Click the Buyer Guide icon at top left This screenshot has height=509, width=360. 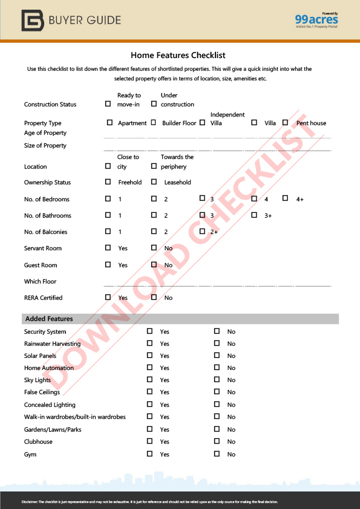coord(32,20)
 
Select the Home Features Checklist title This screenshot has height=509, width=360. coord(178,56)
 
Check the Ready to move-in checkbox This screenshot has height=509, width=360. coord(108,104)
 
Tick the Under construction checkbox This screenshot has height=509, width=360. coord(154,104)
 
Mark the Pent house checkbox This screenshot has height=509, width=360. coord(285,123)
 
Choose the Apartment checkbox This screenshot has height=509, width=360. coord(110,123)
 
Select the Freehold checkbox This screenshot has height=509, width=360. coord(108,182)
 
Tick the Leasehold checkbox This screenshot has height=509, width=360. coord(154,182)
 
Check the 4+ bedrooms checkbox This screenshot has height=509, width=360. coord(285,199)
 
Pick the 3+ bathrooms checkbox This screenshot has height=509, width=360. coord(254,215)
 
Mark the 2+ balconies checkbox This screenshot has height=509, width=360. coord(202,232)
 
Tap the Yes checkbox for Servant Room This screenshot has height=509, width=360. coord(108,248)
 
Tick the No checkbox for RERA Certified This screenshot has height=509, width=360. coord(154,297)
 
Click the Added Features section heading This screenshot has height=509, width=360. coord(49,319)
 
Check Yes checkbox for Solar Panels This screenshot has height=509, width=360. coord(149,355)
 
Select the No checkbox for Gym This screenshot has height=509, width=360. coord(217,454)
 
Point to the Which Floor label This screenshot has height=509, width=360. coord(41,281)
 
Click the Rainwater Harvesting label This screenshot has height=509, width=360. coord(53,343)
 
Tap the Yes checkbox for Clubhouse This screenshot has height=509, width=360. coord(149,441)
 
